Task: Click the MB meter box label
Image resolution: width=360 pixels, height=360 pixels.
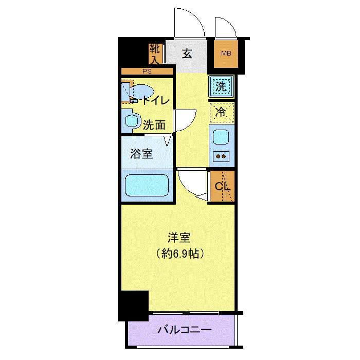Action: click(x=226, y=53)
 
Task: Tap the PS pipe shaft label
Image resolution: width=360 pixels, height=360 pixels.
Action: click(x=146, y=71)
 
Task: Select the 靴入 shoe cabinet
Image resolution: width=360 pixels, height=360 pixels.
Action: click(x=156, y=53)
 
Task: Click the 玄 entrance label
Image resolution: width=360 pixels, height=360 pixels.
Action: click(x=187, y=53)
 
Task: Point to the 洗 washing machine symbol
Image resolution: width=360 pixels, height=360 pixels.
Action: click(x=221, y=86)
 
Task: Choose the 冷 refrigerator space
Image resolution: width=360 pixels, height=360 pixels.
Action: click(x=221, y=112)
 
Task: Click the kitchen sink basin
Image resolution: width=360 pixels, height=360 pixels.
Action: click(x=222, y=137)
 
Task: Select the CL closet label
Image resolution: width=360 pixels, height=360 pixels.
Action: click(x=222, y=186)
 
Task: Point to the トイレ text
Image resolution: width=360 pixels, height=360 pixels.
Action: click(x=155, y=100)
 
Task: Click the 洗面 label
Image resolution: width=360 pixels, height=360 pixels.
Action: click(x=154, y=124)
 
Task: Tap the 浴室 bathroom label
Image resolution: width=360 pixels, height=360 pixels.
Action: click(x=141, y=153)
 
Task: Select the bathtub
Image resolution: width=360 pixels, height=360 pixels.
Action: click(x=148, y=185)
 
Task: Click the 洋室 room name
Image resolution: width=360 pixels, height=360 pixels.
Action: click(x=179, y=238)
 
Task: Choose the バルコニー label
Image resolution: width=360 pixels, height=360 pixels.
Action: click(x=184, y=330)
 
